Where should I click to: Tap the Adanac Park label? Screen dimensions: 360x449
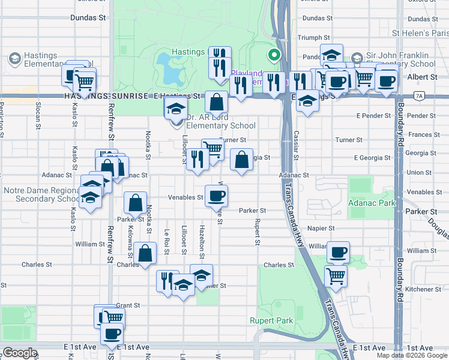(x=372, y=203)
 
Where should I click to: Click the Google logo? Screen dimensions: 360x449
(x=19, y=353)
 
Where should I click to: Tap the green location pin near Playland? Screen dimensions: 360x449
(x=274, y=56)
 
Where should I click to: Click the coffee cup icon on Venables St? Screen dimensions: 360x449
(x=216, y=195)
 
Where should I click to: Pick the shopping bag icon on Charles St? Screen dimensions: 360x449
(x=145, y=253)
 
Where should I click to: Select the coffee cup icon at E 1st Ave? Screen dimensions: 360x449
(x=111, y=334)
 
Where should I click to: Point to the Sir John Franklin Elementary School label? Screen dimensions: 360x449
(x=401, y=60)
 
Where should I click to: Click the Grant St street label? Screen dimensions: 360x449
(x=128, y=305)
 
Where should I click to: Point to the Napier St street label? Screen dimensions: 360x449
(x=322, y=229)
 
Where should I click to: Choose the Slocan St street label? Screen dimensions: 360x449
(x=38, y=116)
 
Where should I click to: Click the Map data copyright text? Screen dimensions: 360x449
(x=412, y=355)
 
